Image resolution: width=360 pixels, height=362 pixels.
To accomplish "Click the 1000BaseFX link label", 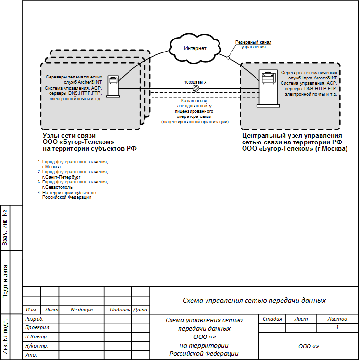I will click(195, 82).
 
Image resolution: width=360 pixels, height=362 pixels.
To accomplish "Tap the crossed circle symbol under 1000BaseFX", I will click(196, 89).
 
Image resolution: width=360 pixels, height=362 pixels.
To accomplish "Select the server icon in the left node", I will click(113, 86).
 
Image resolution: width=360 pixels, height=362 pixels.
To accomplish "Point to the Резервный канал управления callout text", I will click(253, 44).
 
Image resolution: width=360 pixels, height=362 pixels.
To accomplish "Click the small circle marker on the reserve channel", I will click(228, 58).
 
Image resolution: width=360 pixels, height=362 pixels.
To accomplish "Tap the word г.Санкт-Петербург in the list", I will click(62, 177).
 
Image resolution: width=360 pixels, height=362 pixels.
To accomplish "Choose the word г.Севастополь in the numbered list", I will click(57, 187).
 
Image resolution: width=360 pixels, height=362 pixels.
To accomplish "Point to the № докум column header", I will click(81, 310).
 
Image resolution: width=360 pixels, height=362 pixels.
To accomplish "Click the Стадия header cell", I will click(272, 319).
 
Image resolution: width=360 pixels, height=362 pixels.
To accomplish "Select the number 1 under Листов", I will click(337, 328).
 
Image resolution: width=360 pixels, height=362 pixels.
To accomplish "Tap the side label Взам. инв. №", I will click(5, 227).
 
